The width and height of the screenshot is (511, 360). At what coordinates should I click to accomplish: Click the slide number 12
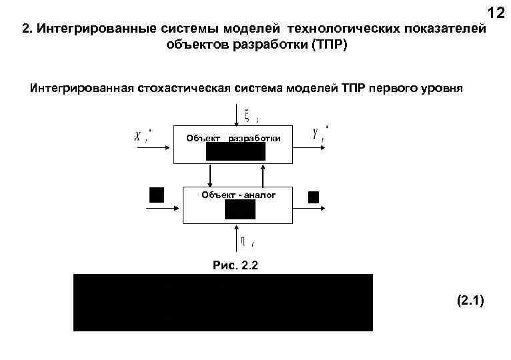point(496,13)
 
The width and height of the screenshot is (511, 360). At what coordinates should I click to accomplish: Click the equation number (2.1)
point(472,301)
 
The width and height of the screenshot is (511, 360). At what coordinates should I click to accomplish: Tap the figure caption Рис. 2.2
point(235,265)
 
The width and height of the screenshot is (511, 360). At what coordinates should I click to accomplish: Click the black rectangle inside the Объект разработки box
point(235,151)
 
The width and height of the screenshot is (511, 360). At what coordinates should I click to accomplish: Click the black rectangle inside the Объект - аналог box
point(239,209)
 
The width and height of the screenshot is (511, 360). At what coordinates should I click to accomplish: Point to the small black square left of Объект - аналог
point(157,195)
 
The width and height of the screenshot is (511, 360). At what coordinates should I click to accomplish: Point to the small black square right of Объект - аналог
point(313,197)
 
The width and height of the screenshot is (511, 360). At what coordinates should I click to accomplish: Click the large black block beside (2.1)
point(223,302)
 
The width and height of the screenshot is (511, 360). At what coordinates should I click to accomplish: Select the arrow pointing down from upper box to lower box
point(211,175)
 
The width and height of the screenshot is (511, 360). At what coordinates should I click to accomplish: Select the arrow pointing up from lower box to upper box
point(265,175)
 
